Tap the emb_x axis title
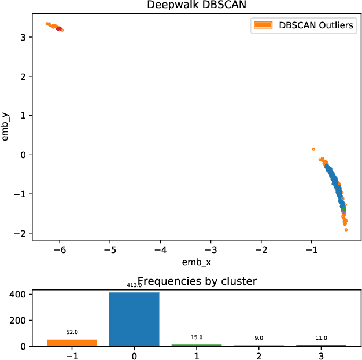click(x=197, y=262)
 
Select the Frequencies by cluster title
click(x=197, y=281)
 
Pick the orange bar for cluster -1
click(x=72, y=343)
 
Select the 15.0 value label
click(x=197, y=337)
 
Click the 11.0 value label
click(x=322, y=337)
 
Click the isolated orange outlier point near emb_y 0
click(x=313, y=149)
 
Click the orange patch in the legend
click(x=262, y=25)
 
